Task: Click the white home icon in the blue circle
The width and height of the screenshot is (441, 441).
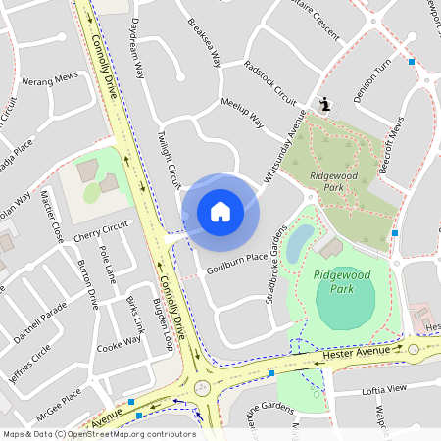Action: (220, 211)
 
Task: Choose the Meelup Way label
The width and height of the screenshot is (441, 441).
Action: (242, 113)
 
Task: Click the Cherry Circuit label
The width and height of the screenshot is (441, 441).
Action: (101, 231)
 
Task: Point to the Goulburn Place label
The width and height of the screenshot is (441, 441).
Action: (236, 258)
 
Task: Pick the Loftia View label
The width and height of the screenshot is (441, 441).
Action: (384, 389)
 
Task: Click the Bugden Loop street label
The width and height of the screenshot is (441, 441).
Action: (163, 327)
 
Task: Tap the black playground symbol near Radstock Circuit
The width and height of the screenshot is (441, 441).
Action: (325, 104)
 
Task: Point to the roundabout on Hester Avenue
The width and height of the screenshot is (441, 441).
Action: (204, 387)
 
